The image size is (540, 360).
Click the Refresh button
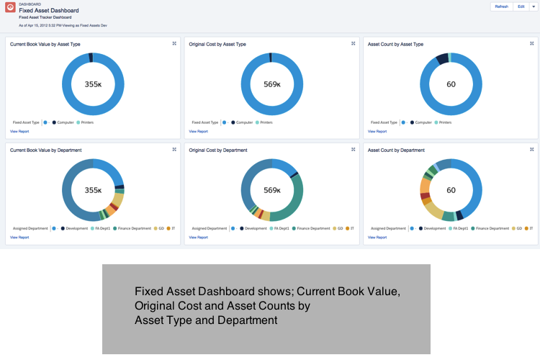point(501,6)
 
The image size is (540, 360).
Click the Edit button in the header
point(521,6)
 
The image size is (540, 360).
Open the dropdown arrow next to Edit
point(534,6)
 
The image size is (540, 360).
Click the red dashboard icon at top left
point(10,9)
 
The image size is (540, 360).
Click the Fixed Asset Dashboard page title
point(49,11)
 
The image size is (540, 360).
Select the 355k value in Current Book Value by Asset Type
point(93,84)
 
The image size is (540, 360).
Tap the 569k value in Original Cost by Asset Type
point(272,84)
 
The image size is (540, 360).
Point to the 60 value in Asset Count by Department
point(451,191)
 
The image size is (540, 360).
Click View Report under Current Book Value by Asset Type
point(19,132)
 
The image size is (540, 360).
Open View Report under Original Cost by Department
point(199,237)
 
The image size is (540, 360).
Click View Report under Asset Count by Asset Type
point(377,132)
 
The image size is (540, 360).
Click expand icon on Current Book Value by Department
point(174,150)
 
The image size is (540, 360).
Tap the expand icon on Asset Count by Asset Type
point(531,44)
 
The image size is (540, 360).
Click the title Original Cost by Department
point(218,150)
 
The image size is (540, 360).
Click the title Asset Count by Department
point(396,150)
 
